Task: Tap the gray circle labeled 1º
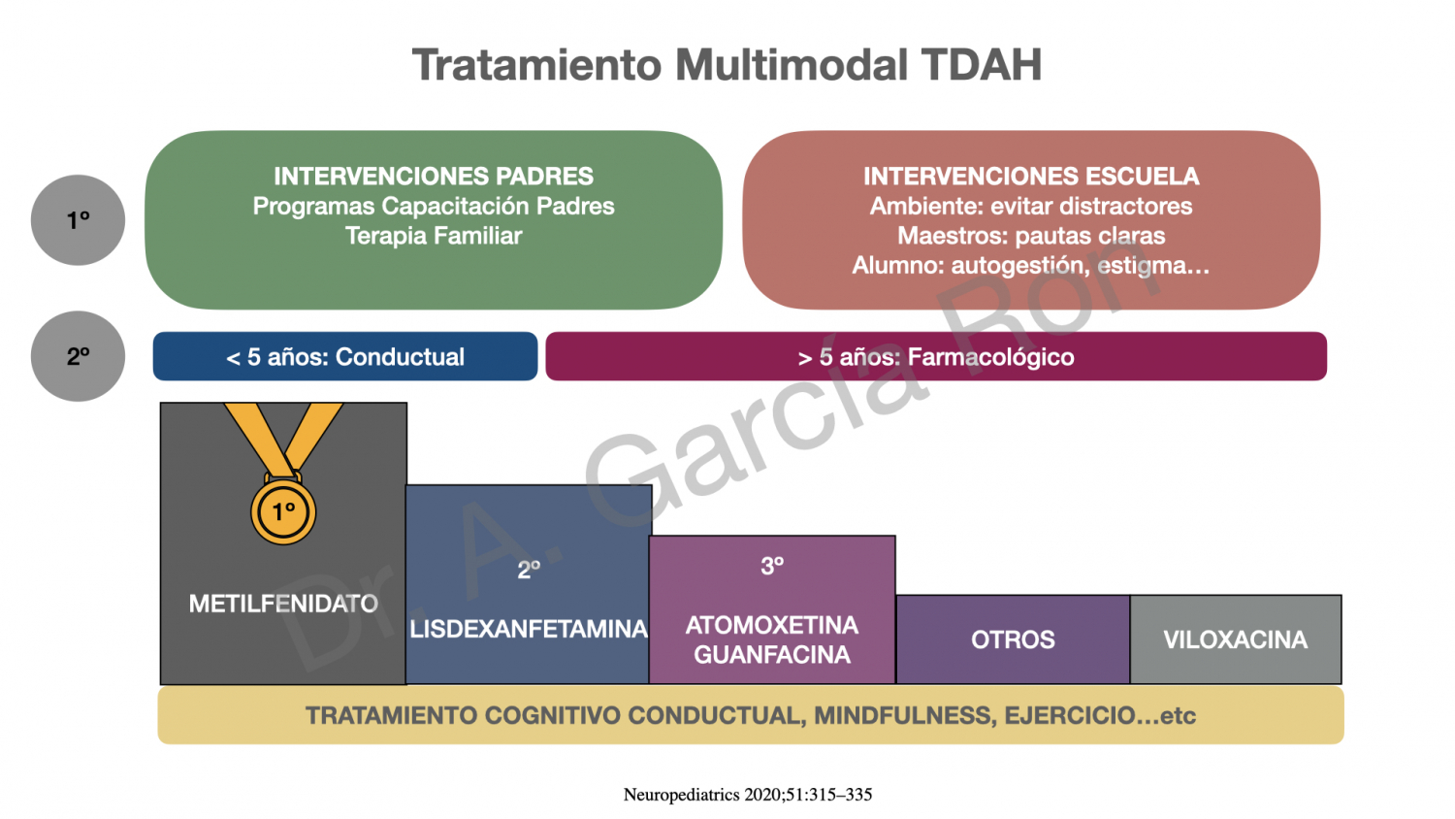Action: point(78,219)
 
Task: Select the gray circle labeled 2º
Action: point(78,356)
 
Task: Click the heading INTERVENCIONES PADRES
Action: point(434,177)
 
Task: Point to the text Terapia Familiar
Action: point(434,235)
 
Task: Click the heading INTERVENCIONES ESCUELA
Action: point(1031,177)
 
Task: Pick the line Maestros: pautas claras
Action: point(1031,235)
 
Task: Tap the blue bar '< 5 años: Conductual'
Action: point(345,356)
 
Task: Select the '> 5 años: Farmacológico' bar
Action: point(936,356)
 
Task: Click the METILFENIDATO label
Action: point(283,604)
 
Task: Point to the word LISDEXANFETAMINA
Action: point(529,629)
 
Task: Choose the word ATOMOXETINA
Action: point(772,625)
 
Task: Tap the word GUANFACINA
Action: point(772,655)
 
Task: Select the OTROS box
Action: point(1014,639)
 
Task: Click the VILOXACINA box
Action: point(1236,639)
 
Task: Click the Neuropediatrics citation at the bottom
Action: point(748,795)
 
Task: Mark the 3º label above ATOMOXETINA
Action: point(772,566)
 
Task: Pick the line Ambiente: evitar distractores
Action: point(1031,206)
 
